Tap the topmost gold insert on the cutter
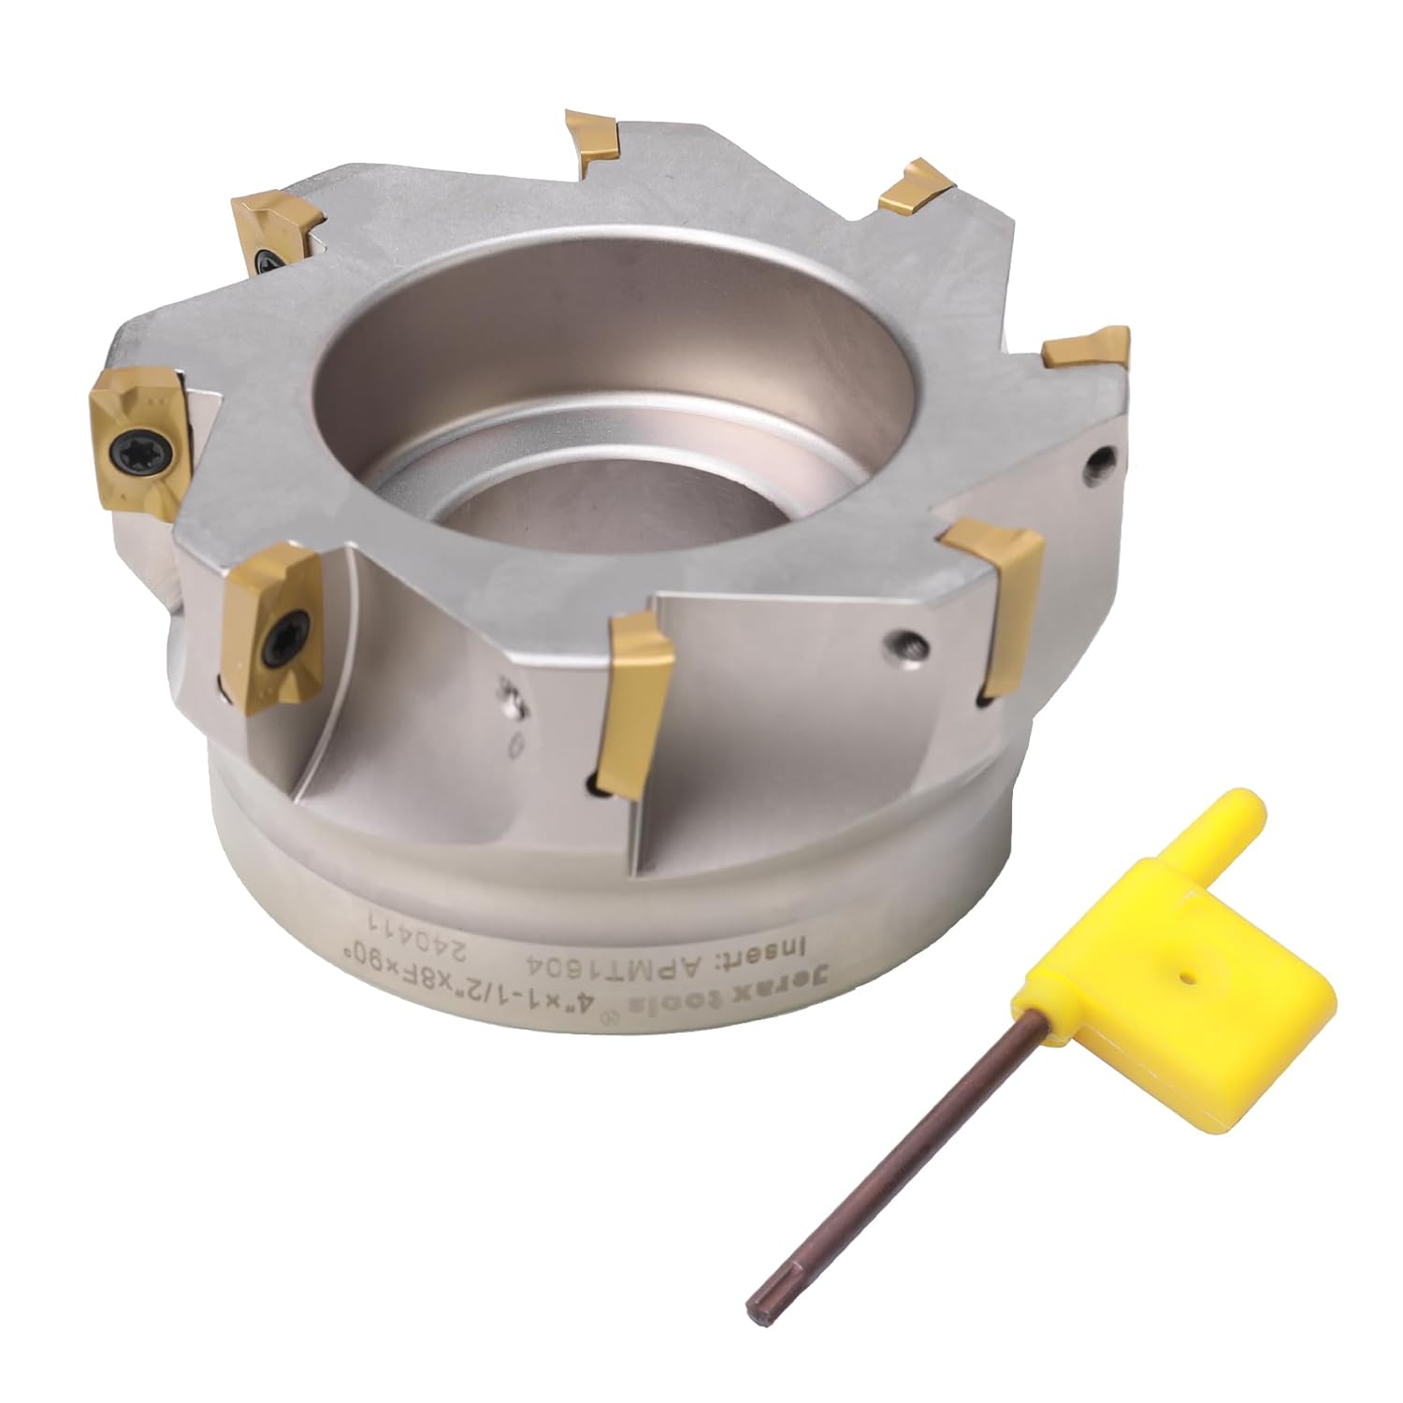pos(592,140)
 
